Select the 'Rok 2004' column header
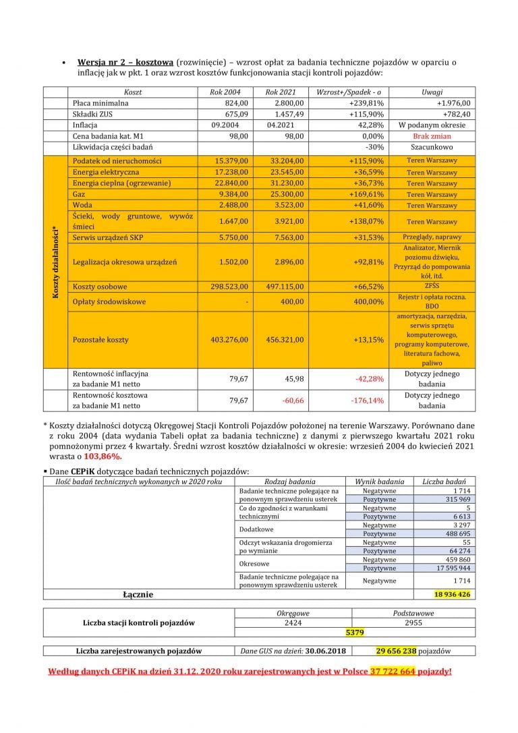tap(229, 92)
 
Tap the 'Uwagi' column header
tap(432, 92)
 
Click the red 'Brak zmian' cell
tap(432, 136)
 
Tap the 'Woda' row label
tap(82, 205)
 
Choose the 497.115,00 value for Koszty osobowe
tap(284, 287)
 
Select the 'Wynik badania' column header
tap(379, 481)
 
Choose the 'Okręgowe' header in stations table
tap(293, 613)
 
